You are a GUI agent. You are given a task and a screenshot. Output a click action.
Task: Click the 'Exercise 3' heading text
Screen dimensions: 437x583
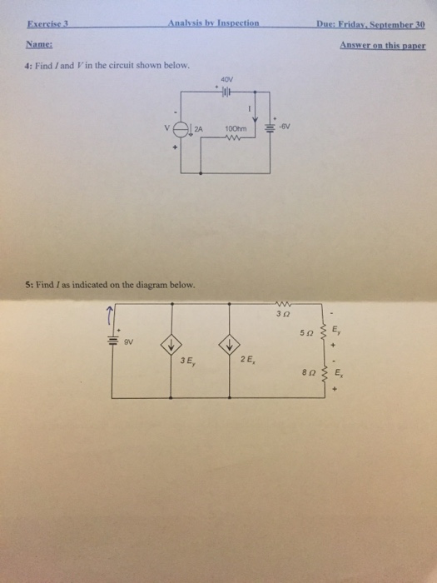pos(48,24)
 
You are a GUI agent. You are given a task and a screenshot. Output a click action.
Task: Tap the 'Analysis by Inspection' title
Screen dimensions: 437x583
pos(213,23)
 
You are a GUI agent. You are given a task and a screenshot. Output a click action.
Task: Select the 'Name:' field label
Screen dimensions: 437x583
pos(39,45)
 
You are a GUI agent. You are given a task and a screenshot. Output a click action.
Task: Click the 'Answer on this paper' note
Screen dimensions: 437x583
pos(383,45)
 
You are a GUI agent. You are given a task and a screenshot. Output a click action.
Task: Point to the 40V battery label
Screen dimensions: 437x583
pos(226,80)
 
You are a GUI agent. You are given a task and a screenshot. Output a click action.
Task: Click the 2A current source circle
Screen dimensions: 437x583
pos(181,130)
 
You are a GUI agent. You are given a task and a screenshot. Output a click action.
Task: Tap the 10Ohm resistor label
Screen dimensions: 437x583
pos(236,129)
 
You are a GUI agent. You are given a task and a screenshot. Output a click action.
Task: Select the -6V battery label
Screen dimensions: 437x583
pos(285,127)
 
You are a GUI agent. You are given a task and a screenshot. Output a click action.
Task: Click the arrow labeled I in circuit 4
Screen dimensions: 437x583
pos(255,107)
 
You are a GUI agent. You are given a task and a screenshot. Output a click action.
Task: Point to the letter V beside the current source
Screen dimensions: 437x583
pos(166,128)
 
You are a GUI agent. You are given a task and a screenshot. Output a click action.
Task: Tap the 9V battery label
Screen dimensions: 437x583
pos(128,342)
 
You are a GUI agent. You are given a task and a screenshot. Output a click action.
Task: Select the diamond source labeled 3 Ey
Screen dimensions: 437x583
pos(171,346)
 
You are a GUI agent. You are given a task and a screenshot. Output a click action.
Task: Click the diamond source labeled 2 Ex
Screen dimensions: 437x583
pos(229,345)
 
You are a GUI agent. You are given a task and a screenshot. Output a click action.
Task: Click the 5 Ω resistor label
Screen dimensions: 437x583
pos(306,332)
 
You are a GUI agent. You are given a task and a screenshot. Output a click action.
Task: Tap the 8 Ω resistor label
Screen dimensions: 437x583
pos(309,371)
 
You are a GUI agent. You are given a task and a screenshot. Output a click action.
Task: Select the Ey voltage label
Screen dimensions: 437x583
pos(335,330)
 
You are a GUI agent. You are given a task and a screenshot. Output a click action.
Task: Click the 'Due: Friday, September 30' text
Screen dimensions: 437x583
pos(370,24)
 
